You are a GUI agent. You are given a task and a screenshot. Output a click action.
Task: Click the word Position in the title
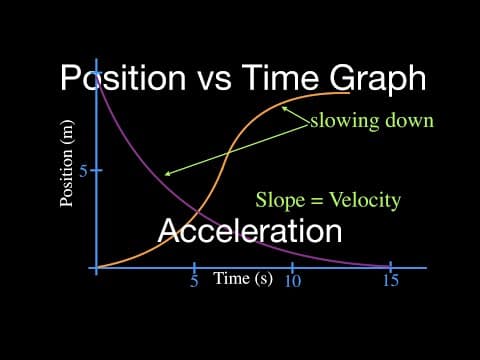(x=123, y=78)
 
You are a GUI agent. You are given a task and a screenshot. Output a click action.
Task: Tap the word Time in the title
(x=281, y=77)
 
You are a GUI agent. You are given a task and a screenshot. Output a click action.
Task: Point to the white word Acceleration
(x=250, y=230)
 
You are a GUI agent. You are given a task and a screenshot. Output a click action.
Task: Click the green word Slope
(x=280, y=201)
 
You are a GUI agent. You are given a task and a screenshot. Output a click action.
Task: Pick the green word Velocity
(x=365, y=201)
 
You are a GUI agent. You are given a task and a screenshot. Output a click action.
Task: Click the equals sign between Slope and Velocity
(x=317, y=201)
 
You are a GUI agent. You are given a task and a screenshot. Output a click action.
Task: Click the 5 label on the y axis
(x=83, y=171)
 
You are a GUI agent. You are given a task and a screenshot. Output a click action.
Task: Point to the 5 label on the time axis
(x=194, y=281)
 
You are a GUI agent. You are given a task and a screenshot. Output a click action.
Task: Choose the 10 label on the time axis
(x=293, y=281)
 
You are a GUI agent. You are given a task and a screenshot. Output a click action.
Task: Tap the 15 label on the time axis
(x=391, y=280)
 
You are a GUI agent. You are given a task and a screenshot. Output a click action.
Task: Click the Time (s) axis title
(x=243, y=279)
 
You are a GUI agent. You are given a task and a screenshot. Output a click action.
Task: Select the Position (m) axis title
(x=67, y=163)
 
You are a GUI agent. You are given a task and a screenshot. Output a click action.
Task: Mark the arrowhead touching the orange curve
(x=284, y=108)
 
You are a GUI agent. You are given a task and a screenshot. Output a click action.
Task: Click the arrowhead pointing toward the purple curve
(x=168, y=173)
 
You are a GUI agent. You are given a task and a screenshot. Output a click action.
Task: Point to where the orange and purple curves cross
(x=198, y=211)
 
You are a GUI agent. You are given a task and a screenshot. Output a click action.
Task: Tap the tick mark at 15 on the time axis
(x=390, y=267)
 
